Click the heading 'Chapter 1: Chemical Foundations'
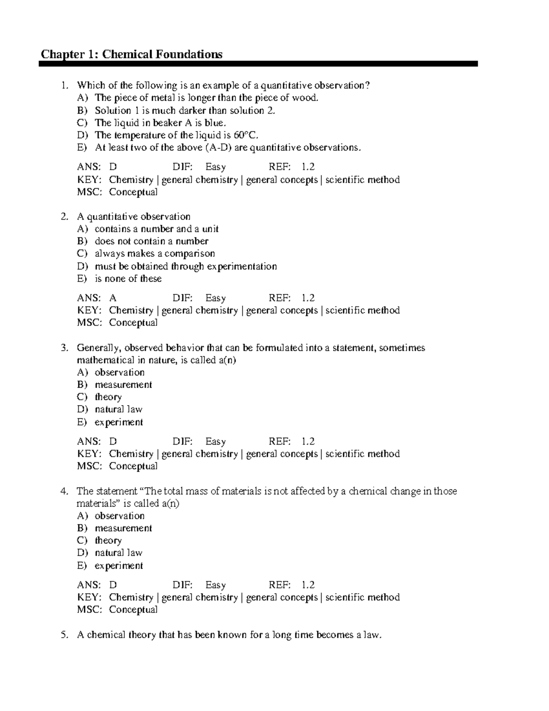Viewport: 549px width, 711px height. [x=131, y=54]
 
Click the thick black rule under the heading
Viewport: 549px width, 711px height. [x=258, y=64]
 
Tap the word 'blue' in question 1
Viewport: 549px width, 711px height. [x=215, y=123]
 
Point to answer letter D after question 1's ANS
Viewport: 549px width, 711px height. [x=113, y=167]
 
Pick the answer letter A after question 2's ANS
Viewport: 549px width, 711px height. [x=113, y=298]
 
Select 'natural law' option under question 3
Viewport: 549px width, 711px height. [x=118, y=409]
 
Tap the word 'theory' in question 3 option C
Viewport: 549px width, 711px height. [x=108, y=397]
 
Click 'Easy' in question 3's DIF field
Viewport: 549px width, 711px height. [x=215, y=442]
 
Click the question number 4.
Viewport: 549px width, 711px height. [x=65, y=491]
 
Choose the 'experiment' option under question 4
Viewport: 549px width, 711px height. [x=118, y=565]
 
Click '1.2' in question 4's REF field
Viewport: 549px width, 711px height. [x=308, y=585]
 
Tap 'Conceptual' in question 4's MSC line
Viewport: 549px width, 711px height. [x=133, y=610]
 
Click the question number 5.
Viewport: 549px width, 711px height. [x=65, y=635]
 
